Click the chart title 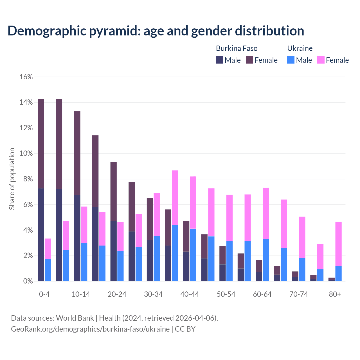(156, 31)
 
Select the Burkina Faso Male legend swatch (220, 60)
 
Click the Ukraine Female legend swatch (321, 60)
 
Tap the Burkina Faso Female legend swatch (249, 60)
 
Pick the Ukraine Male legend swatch (291, 60)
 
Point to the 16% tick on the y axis (26, 77)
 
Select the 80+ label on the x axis (335, 294)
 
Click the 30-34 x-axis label (153, 294)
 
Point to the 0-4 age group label (44, 294)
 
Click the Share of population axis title (12, 179)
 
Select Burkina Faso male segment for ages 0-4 (41, 235)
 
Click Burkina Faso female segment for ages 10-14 (77, 153)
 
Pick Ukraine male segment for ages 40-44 (193, 255)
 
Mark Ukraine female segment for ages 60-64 (266, 213)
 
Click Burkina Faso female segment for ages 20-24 (113, 191)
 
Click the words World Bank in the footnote (75, 318)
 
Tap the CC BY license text (185, 329)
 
